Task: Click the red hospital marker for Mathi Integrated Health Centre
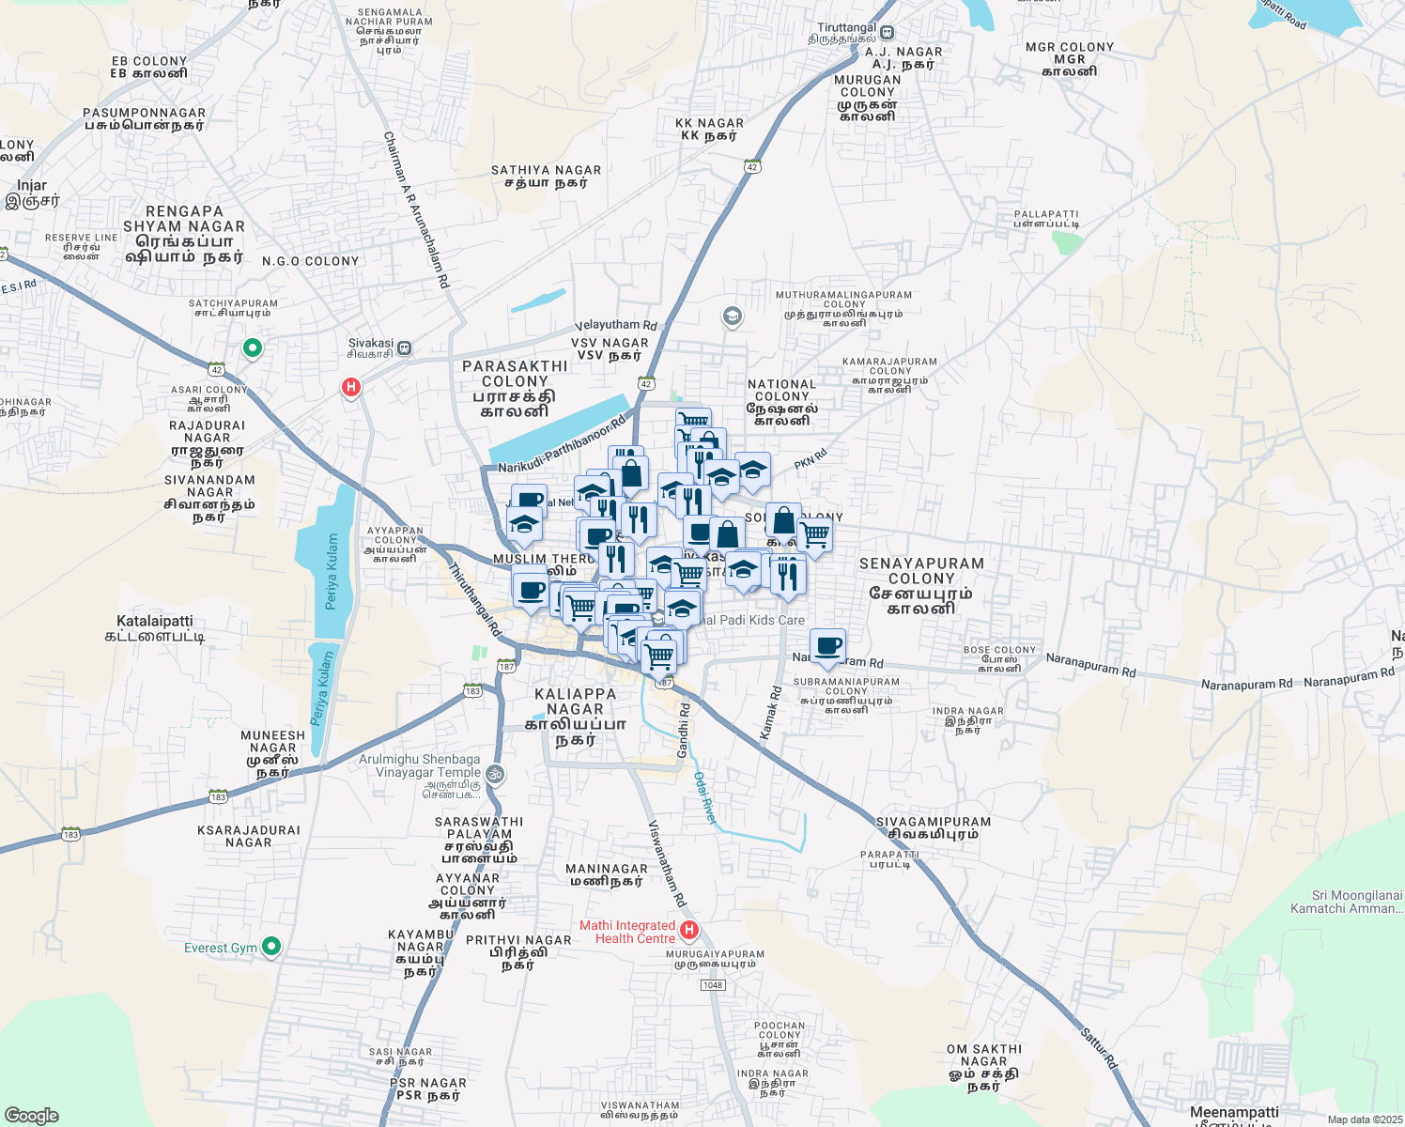[x=688, y=931]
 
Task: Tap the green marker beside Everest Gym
[x=271, y=947]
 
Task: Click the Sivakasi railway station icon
[x=404, y=347]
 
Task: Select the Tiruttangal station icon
[x=887, y=33]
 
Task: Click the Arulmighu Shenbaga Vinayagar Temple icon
[x=495, y=775]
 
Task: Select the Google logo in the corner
[x=32, y=1116]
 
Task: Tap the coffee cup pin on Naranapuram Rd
[x=827, y=647]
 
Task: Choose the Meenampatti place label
[x=1234, y=1114]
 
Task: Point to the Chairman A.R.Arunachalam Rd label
[x=416, y=208]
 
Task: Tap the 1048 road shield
[x=713, y=984]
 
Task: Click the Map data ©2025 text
[x=1365, y=1119]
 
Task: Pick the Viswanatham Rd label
[x=667, y=863]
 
